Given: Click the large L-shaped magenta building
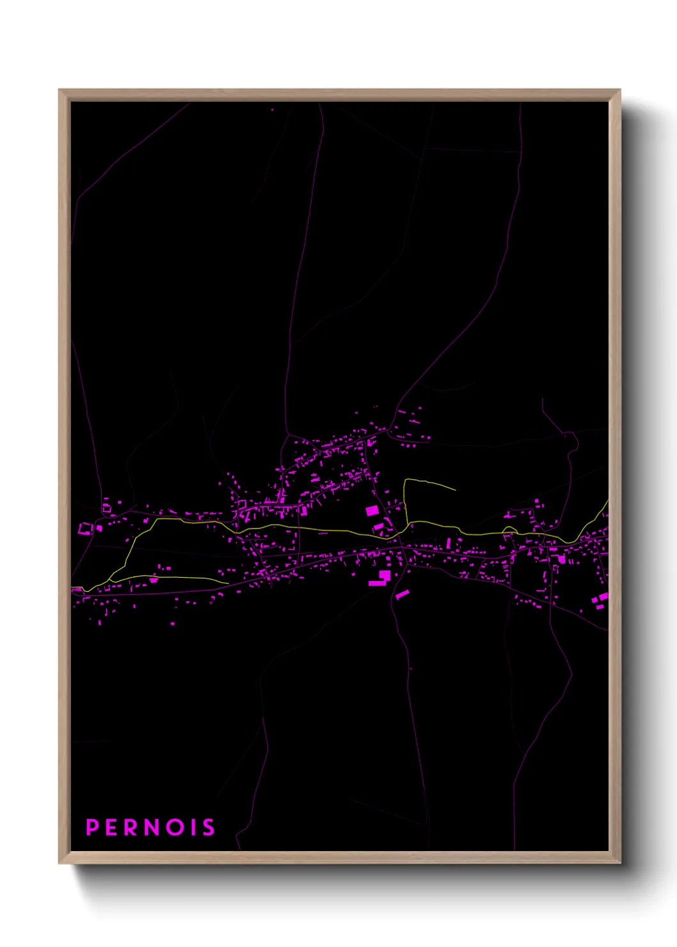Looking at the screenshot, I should tap(381, 578).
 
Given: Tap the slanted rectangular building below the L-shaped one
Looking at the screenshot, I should tap(402, 594).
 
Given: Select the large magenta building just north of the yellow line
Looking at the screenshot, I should tap(372, 511).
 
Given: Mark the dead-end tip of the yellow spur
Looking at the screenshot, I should tap(455, 490).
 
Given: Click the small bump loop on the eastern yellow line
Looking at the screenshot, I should tap(509, 529).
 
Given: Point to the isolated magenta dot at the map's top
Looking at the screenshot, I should tap(272, 109).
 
